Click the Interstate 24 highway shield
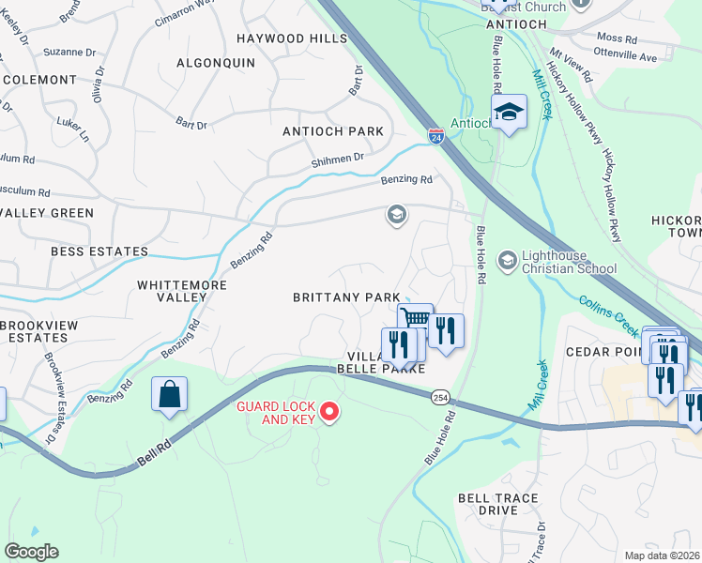coord(435,136)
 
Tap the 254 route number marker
coord(440,399)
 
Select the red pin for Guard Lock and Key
coord(328,412)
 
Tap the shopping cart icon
coord(415,319)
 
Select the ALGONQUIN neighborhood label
coord(216,62)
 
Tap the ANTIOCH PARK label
coord(333,131)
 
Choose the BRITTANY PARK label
coord(346,297)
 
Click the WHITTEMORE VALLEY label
coord(172,290)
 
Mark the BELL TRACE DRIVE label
coord(497,504)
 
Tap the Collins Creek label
coord(609,309)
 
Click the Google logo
coord(32,552)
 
